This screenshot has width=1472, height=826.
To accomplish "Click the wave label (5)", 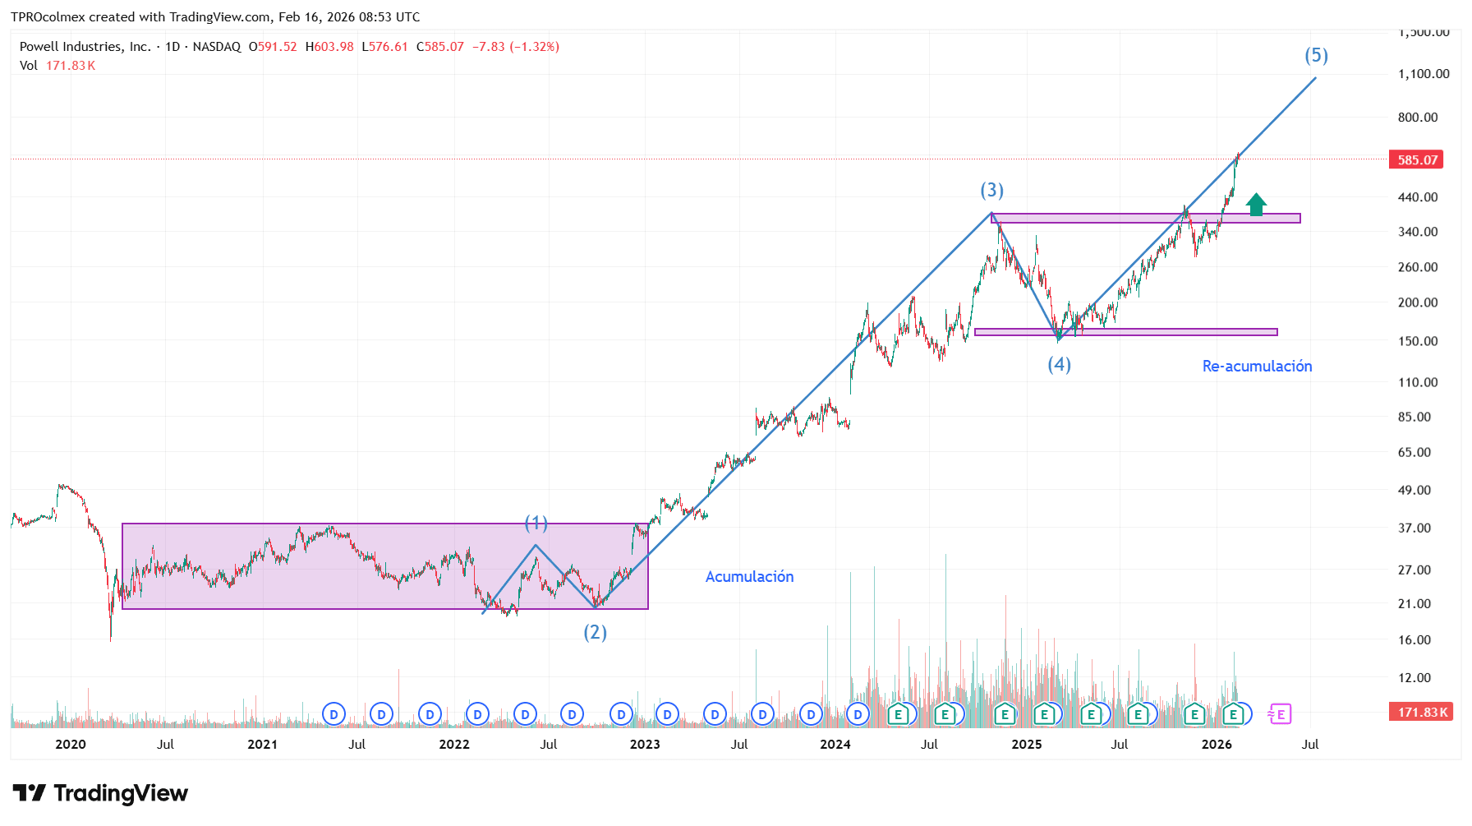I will [x=1316, y=56].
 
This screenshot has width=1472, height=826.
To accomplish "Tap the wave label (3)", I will [x=991, y=191].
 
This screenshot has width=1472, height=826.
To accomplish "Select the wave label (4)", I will [x=1059, y=364].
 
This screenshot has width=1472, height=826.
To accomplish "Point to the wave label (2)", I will [x=595, y=632].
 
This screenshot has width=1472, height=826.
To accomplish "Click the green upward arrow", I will [x=1256, y=205].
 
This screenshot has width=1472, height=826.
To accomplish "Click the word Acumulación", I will [x=749, y=577].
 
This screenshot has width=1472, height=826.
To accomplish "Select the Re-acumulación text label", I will [x=1257, y=367].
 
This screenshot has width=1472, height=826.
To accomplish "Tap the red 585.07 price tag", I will [x=1417, y=160].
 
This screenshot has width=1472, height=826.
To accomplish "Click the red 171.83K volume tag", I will [x=1422, y=713].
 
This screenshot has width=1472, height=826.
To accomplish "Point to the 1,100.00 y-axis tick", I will [x=1424, y=74].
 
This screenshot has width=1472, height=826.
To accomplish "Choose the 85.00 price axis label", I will [x=1414, y=417].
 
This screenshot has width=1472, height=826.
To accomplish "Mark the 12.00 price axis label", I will [x=1414, y=677].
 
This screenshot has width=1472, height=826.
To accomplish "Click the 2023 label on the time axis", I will [x=644, y=745].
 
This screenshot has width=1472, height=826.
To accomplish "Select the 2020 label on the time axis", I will [x=70, y=745].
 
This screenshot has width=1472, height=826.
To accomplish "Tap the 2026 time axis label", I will [x=1216, y=745].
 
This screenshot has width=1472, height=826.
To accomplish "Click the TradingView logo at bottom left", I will [x=100, y=793].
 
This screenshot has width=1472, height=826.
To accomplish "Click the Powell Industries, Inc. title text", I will [x=85, y=47].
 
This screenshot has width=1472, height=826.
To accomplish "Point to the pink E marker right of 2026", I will [x=1280, y=714].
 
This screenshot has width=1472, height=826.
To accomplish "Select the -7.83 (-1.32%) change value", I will [x=516, y=47].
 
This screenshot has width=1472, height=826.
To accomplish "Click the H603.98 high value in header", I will [x=329, y=47].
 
